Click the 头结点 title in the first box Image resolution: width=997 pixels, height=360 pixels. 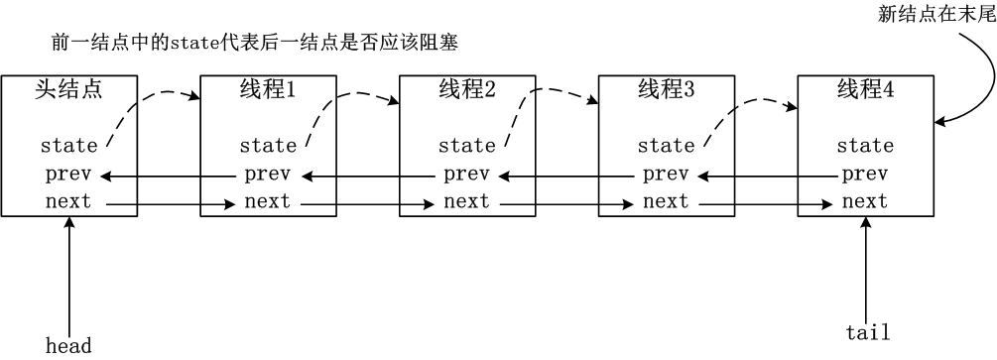pyautogui.click(x=68, y=90)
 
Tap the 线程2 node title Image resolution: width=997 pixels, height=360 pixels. pyautogui.click(x=466, y=90)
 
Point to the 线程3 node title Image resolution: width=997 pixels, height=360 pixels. pyautogui.click(x=666, y=90)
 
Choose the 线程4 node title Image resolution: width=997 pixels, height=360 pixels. pyautogui.click(x=865, y=90)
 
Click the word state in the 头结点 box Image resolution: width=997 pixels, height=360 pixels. pyautogui.click(x=68, y=146)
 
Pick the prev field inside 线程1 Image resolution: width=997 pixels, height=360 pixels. pyautogui.click(x=268, y=175)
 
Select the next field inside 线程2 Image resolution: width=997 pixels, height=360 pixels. pyautogui.click(x=466, y=202)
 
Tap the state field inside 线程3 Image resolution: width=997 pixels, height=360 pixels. pyautogui.click(x=666, y=146)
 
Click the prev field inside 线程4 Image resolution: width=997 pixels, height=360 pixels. pyautogui.click(x=865, y=175)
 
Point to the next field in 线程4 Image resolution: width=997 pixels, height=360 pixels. pyautogui.click(x=865, y=202)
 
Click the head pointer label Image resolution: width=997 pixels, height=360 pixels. pyautogui.click(x=68, y=345)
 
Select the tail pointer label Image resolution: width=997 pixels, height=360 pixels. pyautogui.click(x=866, y=332)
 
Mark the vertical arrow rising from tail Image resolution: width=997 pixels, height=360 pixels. pyautogui.click(x=866, y=268)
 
